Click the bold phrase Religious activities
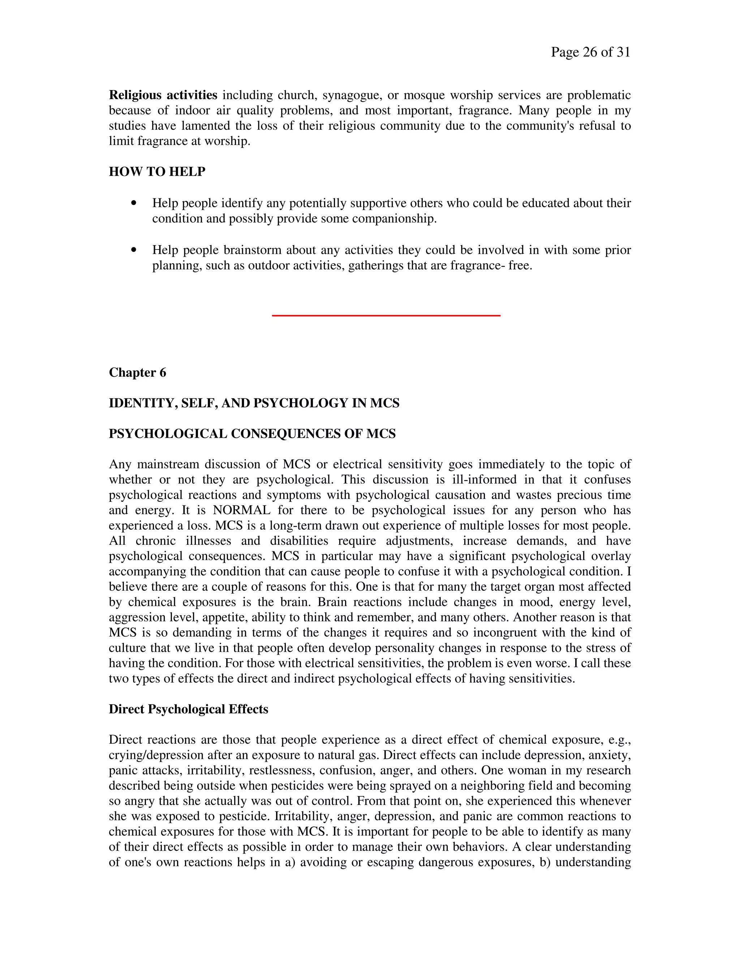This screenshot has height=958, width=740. click(x=163, y=95)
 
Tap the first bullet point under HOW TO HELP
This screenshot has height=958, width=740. click(x=134, y=203)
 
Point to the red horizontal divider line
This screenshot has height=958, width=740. click(x=386, y=315)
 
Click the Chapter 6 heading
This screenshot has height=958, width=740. click(x=137, y=372)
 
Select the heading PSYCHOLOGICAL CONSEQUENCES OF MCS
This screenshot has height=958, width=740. click(x=252, y=434)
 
